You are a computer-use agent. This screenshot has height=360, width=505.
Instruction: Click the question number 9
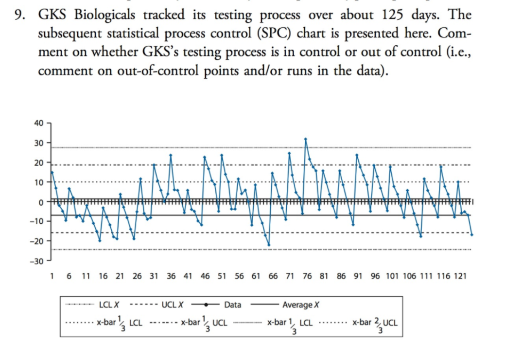pos(18,15)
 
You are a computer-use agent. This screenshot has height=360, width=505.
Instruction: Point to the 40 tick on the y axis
pos(38,123)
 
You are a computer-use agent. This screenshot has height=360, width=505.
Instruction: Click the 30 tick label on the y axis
pos(38,143)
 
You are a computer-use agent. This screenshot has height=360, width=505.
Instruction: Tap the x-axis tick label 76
pos(307,276)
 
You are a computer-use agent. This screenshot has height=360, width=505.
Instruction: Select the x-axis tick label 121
pos(460,276)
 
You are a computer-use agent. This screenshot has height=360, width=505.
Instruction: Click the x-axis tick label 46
pos(205,276)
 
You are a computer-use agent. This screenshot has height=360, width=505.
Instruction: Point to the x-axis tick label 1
pos(52,276)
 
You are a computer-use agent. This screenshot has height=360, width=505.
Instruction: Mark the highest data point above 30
pos(306,139)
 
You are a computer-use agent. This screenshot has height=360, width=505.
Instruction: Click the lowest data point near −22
pos(269,245)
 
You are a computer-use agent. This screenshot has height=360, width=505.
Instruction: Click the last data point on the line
pos(471,234)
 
